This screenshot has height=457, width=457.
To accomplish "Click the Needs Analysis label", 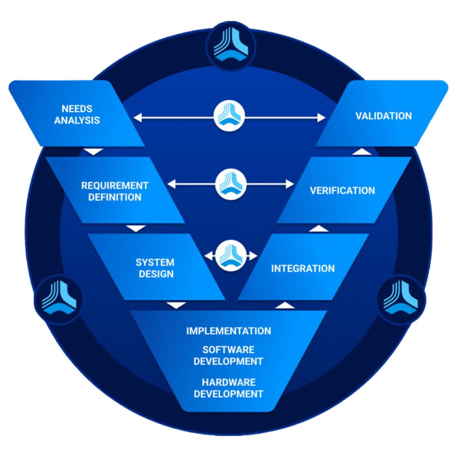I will pos(77,114).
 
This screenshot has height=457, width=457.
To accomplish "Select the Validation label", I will pos(383,116).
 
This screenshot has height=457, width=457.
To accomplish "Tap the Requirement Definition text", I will pos(114,191).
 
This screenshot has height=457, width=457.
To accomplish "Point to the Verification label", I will pos(342,191).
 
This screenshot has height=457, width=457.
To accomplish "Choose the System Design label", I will pos(155,268).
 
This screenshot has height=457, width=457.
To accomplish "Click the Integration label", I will pos(303,268).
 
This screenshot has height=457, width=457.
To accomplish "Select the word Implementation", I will pos(228,331).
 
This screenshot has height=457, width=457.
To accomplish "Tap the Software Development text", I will pos(228,355).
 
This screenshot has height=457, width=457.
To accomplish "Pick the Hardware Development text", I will pos(228,388).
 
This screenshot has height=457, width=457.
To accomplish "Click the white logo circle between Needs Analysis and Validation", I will pos(229,116).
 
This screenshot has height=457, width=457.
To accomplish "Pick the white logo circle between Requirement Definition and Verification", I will pos(231,184).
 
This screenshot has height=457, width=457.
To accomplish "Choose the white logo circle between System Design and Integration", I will pos(231,256).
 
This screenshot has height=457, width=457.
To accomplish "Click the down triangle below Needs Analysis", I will pos(94,152).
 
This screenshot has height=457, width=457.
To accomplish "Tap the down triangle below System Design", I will pos(176,305).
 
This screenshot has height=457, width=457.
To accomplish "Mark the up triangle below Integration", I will pos(285,305).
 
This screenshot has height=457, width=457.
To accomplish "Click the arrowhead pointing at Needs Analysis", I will pos(138,118).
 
